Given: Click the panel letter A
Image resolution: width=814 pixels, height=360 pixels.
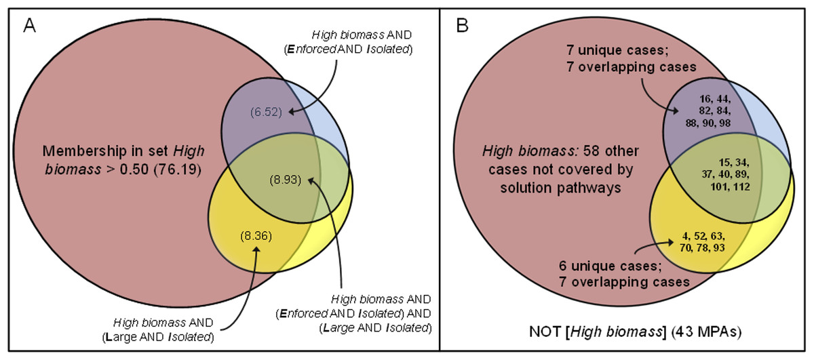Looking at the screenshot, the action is (x=30, y=26).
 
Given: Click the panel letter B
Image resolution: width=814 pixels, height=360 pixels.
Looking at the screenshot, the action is (x=462, y=26).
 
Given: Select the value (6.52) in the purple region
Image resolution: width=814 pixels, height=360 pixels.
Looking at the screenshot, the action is (x=266, y=112).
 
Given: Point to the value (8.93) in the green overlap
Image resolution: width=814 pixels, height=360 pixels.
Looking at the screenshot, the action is (x=286, y=180).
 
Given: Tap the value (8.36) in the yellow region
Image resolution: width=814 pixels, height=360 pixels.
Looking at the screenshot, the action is (x=256, y=236).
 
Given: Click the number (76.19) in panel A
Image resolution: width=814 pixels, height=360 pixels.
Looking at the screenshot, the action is (x=177, y=169).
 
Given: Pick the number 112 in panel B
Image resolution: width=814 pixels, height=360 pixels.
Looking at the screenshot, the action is (x=741, y=186).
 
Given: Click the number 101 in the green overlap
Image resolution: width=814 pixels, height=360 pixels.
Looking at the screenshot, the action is (x=720, y=186).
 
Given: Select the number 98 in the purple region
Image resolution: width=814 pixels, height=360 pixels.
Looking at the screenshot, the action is (x=724, y=123).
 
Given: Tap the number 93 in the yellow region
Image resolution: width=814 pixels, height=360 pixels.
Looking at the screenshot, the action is (x=719, y=247).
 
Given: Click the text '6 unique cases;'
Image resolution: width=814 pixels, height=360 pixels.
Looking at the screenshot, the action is (x=610, y=266).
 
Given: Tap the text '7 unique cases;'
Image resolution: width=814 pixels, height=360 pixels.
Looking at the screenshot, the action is (x=617, y=50).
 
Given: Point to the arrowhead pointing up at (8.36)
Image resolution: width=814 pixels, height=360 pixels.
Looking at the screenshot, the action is (x=256, y=249).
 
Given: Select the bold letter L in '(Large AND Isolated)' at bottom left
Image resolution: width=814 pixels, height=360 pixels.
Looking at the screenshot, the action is (x=109, y=338).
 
